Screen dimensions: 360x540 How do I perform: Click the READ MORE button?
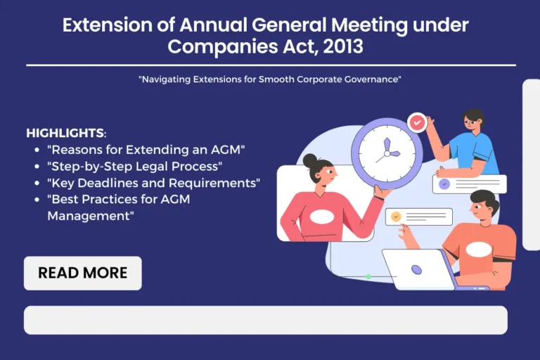[x=83, y=273]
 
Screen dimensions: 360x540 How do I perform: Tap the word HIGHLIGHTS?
[x=65, y=133]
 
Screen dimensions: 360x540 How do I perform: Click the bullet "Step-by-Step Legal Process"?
[x=134, y=166]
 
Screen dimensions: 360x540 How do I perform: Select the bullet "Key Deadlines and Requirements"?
[x=153, y=183]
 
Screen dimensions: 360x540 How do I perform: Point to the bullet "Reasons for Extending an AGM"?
[x=146, y=150]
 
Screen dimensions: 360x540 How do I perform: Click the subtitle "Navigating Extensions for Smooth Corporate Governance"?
[x=270, y=79]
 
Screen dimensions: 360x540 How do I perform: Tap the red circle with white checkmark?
[x=418, y=122]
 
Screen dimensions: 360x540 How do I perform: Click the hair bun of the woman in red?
[x=311, y=160]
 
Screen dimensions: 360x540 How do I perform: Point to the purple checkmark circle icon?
[x=444, y=184]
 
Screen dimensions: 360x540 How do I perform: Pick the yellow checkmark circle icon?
[x=396, y=217]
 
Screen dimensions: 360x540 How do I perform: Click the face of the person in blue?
[x=472, y=123]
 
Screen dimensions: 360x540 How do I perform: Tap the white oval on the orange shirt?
[x=479, y=249]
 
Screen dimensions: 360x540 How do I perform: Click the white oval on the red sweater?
[x=321, y=217]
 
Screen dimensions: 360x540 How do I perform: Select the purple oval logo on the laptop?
[x=417, y=269]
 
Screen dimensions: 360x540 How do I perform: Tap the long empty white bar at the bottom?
[x=266, y=320]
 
